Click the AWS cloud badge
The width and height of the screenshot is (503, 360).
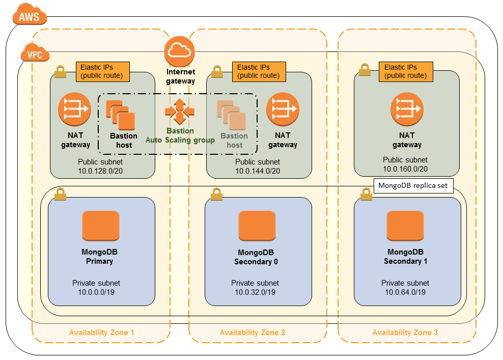(x=29, y=16)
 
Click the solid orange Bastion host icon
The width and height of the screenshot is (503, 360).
(x=121, y=115)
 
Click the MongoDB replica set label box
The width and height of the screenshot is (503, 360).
(x=413, y=185)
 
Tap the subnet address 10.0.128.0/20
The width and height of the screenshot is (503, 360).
(x=100, y=171)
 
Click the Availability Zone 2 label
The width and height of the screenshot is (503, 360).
(x=253, y=333)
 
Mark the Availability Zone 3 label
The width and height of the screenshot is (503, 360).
(x=405, y=333)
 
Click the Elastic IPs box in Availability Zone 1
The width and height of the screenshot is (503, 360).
(x=102, y=71)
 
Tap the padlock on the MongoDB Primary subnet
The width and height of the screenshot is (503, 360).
(x=60, y=195)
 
